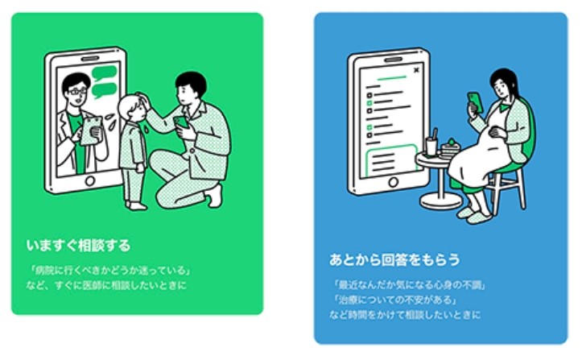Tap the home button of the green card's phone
89,183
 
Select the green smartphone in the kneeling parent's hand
181,122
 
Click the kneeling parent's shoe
214,197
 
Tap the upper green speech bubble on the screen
104,72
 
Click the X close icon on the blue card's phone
415,71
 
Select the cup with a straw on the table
432,146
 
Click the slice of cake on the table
448,147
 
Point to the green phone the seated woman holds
474,101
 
